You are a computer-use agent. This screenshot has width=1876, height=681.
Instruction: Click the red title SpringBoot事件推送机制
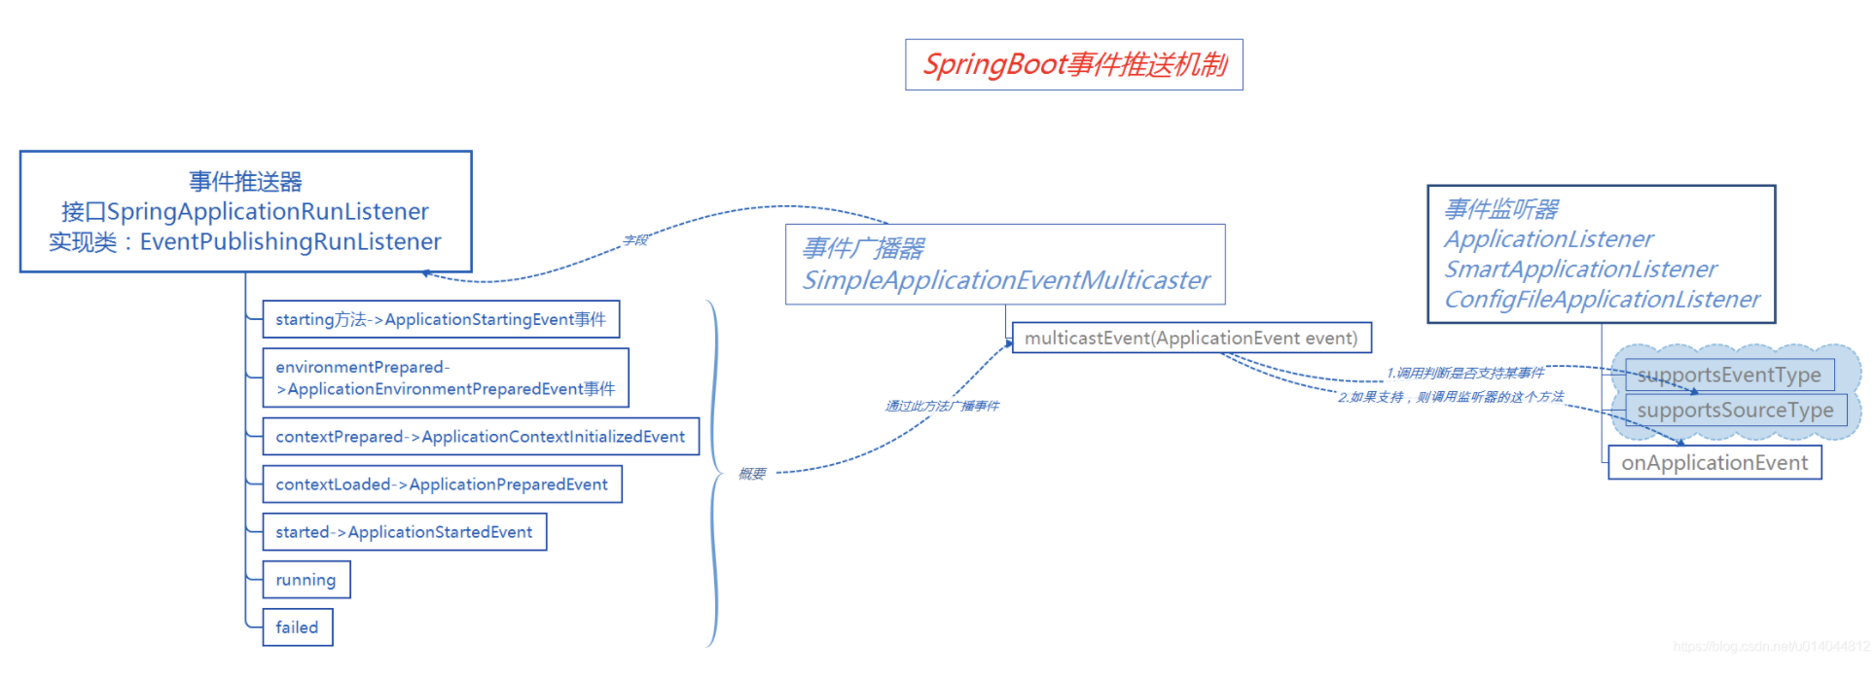[1074, 65]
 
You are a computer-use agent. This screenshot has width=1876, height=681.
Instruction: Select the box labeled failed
[298, 627]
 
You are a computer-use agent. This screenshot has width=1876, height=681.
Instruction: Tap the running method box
[306, 580]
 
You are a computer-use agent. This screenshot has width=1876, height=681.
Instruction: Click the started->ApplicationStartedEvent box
[404, 532]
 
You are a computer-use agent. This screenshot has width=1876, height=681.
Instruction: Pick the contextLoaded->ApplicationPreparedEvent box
[442, 484]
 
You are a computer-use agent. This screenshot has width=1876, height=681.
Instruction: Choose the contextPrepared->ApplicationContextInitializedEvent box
[481, 437]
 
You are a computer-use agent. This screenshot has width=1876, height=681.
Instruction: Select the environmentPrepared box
[446, 377]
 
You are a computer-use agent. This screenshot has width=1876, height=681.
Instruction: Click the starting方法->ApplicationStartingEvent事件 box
[441, 319]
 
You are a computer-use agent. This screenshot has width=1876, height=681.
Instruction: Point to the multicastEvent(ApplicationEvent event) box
[1191, 338]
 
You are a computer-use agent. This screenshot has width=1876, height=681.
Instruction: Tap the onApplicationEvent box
[1714, 463]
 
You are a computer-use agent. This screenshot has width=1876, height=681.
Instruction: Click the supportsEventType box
[1729, 376]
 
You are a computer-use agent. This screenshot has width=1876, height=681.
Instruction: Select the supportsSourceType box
[1735, 411]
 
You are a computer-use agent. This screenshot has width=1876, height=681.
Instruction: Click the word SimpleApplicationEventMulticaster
[1006, 280]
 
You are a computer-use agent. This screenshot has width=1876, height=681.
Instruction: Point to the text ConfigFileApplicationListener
[1602, 300]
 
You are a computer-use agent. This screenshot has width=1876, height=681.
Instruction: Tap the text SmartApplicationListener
[1580, 269]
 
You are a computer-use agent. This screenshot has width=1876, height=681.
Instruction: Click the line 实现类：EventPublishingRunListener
[245, 242]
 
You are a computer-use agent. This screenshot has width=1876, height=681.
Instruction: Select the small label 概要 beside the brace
[752, 474]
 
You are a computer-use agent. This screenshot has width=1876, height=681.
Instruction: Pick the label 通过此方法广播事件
[942, 406]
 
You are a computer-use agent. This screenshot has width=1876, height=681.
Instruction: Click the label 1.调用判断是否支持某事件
[1465, 373]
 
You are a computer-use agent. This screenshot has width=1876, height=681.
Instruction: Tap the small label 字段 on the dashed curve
[635, 240]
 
